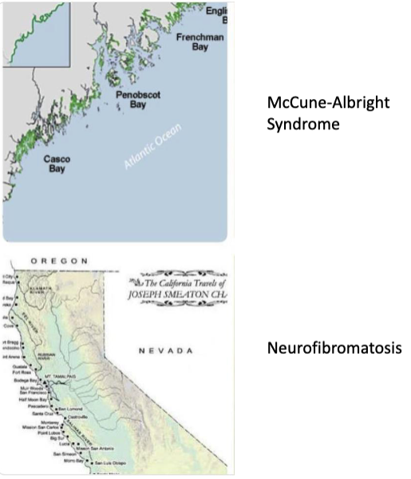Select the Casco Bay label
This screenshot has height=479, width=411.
coord(57,164)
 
